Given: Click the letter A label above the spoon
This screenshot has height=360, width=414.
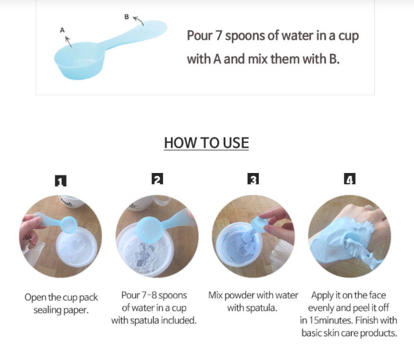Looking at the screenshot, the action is coord(63,30).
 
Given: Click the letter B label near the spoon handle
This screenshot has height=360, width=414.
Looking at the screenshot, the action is coord(127,17).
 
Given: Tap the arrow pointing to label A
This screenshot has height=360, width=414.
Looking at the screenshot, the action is coord(68,42).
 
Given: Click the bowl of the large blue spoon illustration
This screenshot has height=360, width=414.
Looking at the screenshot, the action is coord(79,61).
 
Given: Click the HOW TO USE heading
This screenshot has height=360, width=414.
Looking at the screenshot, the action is coord(207,143).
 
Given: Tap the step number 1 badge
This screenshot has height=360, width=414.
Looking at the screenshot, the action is coord(61,181).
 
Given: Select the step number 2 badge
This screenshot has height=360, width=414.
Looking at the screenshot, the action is coord(157,179).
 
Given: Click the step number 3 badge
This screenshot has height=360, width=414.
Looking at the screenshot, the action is coord(253,179).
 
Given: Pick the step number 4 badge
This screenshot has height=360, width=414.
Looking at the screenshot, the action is coord(350,179).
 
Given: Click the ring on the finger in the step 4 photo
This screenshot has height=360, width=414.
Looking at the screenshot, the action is coord(369,208).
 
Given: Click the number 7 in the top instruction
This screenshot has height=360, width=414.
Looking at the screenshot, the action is coord(218,36).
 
